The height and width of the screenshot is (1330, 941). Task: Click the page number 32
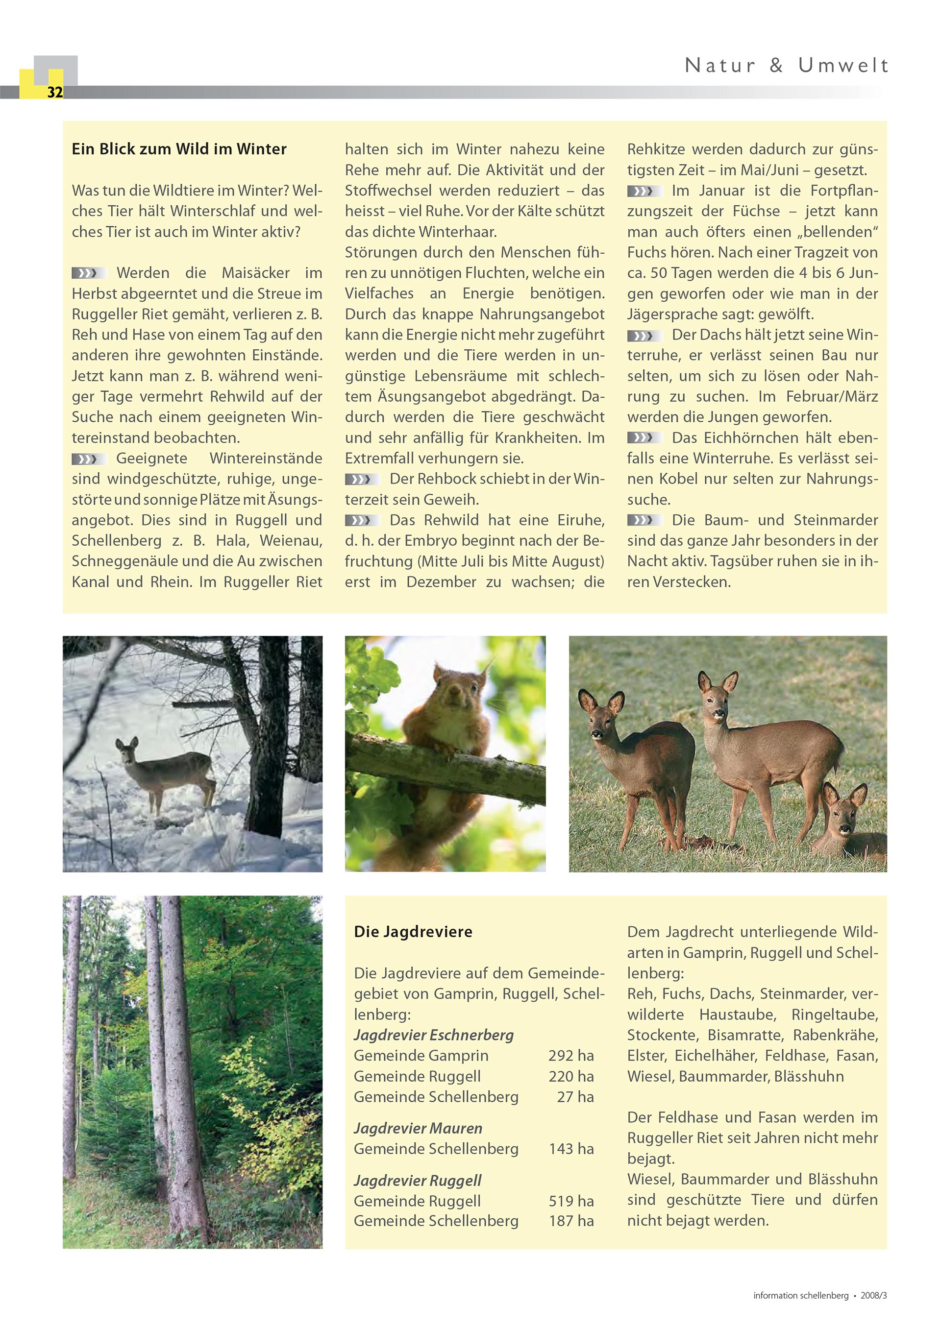(x=55, y=92)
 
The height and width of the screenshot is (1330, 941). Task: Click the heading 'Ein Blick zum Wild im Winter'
(x=179, y=149)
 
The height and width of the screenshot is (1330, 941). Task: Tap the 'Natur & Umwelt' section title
(x=786, y=66)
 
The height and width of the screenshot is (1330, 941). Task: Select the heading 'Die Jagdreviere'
(x=413, y=932)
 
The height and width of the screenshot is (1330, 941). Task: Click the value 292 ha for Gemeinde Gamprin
(x=571, y=1055)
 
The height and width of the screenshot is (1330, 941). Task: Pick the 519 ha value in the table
(x=571, y=1201)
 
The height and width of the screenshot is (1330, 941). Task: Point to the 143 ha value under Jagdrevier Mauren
(x=571, y=1149)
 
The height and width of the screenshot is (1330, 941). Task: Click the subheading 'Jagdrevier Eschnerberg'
(x=433, y=1035)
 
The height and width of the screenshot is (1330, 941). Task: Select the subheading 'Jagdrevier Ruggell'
(x=417, y=1181)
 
